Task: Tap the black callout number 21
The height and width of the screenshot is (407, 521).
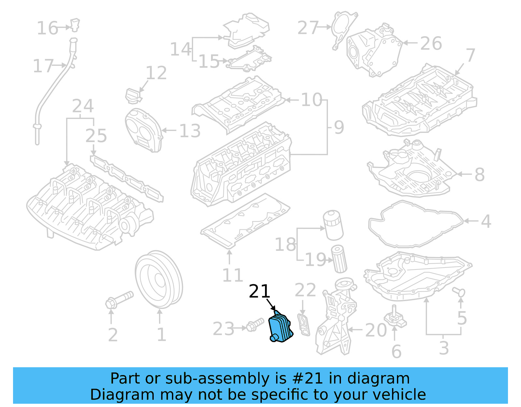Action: click(260, 291)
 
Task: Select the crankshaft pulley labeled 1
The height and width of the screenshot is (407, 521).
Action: click(159, 279)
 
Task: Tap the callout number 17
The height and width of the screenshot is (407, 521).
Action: click(43, 66)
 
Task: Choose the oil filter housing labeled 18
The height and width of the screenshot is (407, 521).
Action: click(333, 225)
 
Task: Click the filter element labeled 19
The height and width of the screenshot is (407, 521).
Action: click(339, 259)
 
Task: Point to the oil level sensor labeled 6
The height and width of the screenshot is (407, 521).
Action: click(395, 317)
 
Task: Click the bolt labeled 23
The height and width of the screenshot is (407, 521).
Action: click(255, 325)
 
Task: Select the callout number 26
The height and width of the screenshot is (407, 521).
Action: click(431, 43)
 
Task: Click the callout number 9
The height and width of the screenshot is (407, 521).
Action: click(339, 127)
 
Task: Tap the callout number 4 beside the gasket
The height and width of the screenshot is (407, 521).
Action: click(486, 221)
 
